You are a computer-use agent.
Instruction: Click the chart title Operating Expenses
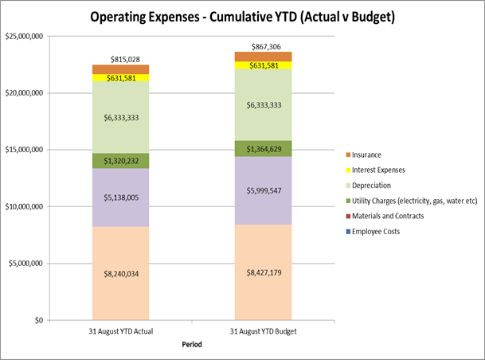242,17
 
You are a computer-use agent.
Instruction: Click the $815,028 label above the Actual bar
126,60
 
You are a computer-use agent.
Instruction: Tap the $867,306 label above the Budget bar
268,47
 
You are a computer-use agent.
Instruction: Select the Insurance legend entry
368,155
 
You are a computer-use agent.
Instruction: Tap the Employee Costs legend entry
376,231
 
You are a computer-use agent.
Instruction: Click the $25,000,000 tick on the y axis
24,36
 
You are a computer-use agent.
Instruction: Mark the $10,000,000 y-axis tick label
24,206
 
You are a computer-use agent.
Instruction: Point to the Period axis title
190,344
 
